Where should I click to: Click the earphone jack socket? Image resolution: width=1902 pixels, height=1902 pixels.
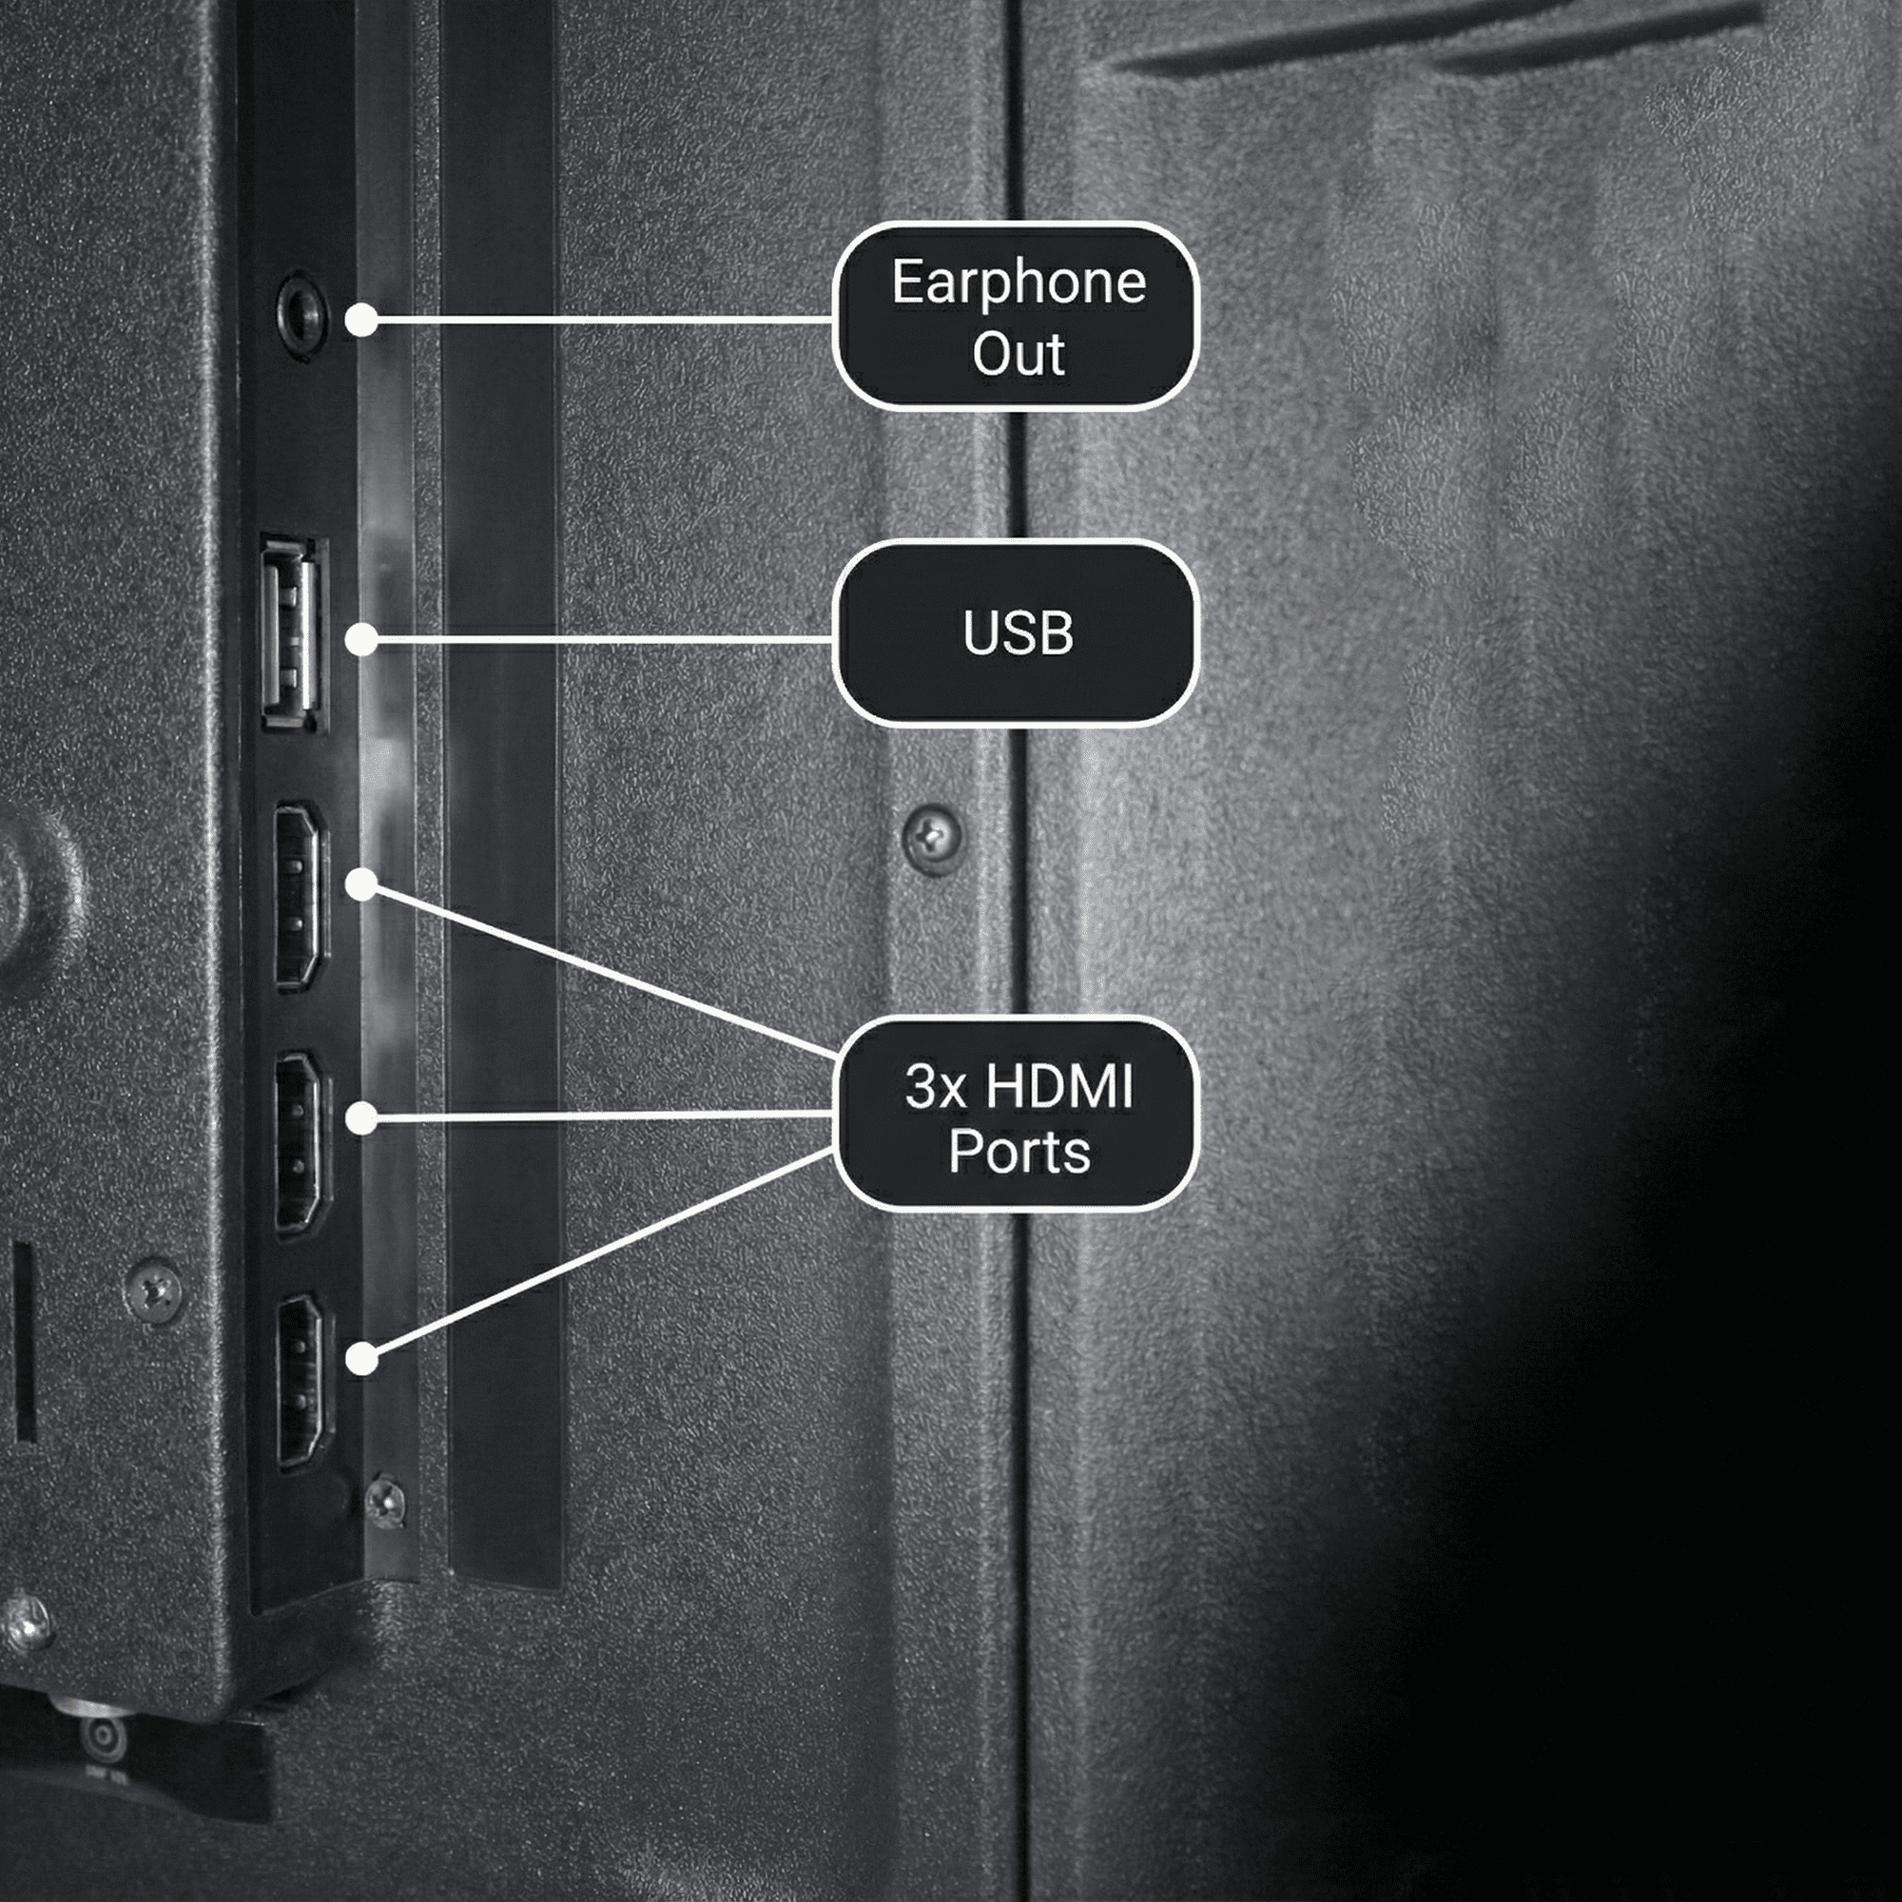click(x=301, y=316)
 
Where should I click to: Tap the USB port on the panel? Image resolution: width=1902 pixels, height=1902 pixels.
click(x=293, y=634)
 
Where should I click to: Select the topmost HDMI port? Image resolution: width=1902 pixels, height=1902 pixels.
click(x=300, y=896)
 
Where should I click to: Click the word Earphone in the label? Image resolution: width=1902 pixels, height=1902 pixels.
click(x=1019, y=284)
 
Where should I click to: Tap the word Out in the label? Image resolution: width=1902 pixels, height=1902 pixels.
click(x=1018, y=354)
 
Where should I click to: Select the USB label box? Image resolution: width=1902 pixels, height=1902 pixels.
click(x=1017, y=633)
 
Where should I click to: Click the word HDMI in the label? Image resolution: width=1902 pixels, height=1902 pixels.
click(x=1059, y=1087)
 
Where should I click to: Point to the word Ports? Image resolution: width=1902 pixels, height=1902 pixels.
click(x=1019, y=1152)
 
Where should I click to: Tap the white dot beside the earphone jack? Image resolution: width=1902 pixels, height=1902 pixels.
click(x=362, y=320)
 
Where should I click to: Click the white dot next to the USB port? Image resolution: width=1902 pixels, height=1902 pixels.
click(x=362, y=640)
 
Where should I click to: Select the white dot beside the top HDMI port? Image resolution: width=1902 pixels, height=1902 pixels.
click(x=362, y=885)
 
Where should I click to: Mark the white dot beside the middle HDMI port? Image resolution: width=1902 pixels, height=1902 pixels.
click(x=362, y=1117)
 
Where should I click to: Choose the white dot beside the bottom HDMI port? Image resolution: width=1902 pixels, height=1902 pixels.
click(x=362, y=1360)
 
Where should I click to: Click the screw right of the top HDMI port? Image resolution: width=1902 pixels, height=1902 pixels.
click(x=932, y=838)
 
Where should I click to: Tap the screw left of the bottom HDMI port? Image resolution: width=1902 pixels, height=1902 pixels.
click(x=155, y=1290)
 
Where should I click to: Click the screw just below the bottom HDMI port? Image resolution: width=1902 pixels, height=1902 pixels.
click(x=384, y=1503)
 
